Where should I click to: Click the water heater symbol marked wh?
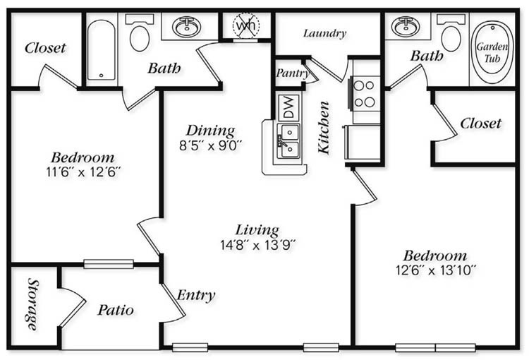[x=246, y=25]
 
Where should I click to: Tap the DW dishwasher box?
[x=288, y=107]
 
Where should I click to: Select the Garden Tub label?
[x=492, y=53]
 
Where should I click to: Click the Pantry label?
[x=293, y=73]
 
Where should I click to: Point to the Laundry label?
[x=324, y=33]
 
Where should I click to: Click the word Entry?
[x=196, y=295]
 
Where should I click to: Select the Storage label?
[x=33, y=304]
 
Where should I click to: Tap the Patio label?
[x=116, y=310]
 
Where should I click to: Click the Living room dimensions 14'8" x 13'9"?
[x=258, y=244]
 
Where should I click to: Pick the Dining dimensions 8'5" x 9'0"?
[x=211, y=145]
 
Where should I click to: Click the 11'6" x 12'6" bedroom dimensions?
[x=83, y=172]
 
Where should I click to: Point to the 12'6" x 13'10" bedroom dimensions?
[x=436, y=270]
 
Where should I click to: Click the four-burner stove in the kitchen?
[x=365, y=94]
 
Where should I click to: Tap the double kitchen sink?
[x=288, y=141]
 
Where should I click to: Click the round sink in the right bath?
[x=406, y=26]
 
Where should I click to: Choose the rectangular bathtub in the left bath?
[x=102, y=49]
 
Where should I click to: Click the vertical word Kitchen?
[x=324, y=127]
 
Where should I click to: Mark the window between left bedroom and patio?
[x=109, y=264]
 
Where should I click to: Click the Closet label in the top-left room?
[x=45, y=48]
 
